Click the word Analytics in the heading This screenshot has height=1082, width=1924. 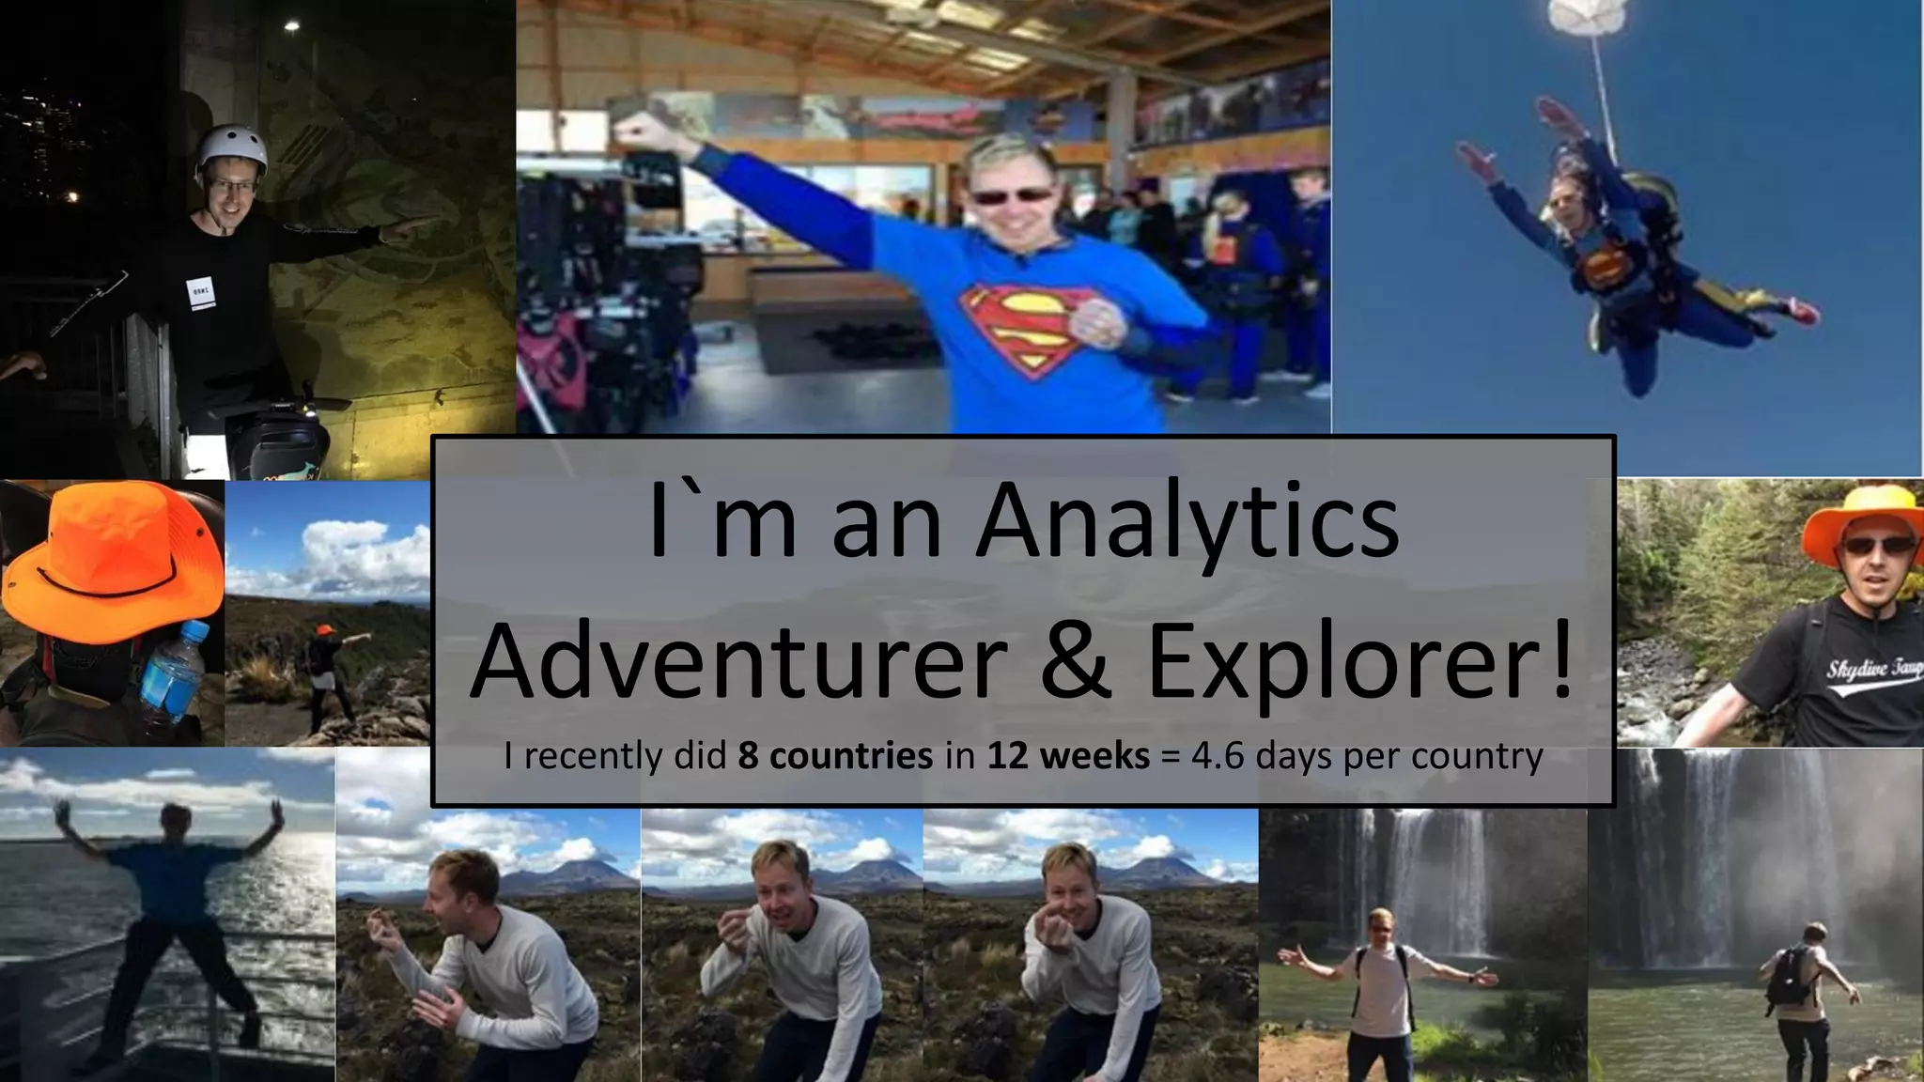pos(1187,522)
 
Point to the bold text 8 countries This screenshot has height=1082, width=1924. pos(835,756)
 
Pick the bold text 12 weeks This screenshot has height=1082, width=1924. pos(1068,756)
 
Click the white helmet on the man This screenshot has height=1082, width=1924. pos(231,148)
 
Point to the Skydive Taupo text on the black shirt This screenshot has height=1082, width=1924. pos(1871,670)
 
